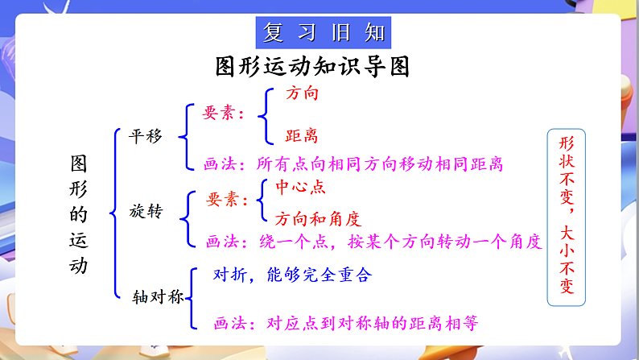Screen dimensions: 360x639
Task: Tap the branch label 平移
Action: pyautogui.click(x=146, y=136)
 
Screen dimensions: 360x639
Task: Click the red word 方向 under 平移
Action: pyautogui.click(x=302, y=93)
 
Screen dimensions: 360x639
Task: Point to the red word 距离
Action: pyautogui.click(x=302, y=136)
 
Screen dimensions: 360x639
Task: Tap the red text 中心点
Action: pyautogui.click(x=300, y=187)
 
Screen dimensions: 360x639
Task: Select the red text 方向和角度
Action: pyautogui.click(x=318, y=218)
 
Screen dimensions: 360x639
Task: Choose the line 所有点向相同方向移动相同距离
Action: pyautogui.click(x=378, y=164)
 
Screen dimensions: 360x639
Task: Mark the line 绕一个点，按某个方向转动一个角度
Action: pyautogui.click(x=401, y=240)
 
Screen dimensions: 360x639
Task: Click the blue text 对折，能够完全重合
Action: pyautogui.click(x=292, y=275)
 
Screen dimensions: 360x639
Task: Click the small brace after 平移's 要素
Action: pyautogui.click(x=264, y=115)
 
